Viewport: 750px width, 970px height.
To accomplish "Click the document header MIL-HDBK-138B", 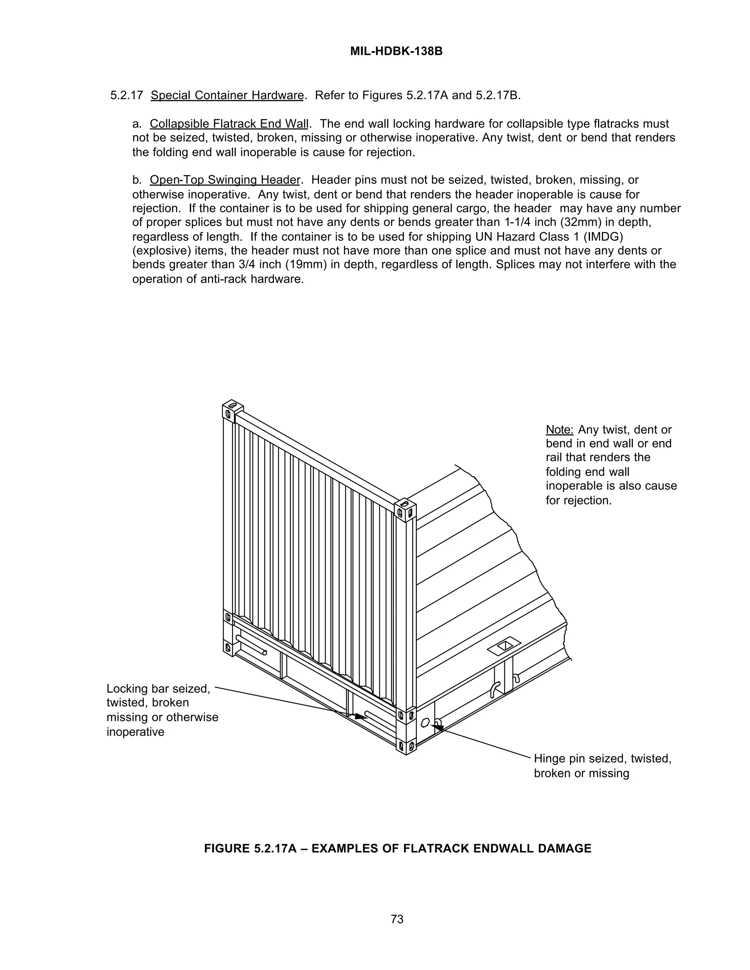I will pyautogui.click(x=396, y=52).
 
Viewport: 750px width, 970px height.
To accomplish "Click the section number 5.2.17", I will pyautogui.click(x=127, y=96).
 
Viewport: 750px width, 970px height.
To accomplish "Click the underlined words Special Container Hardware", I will pyautogui.click(x=227, y=96).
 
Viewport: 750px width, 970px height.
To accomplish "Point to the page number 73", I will pyautogui.click(x=397, y=919).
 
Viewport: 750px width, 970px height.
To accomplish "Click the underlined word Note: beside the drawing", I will pyautogui.click(x=560, y=429).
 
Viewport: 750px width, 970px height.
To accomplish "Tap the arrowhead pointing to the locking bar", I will pyautogui.click(x=361, y=716).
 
